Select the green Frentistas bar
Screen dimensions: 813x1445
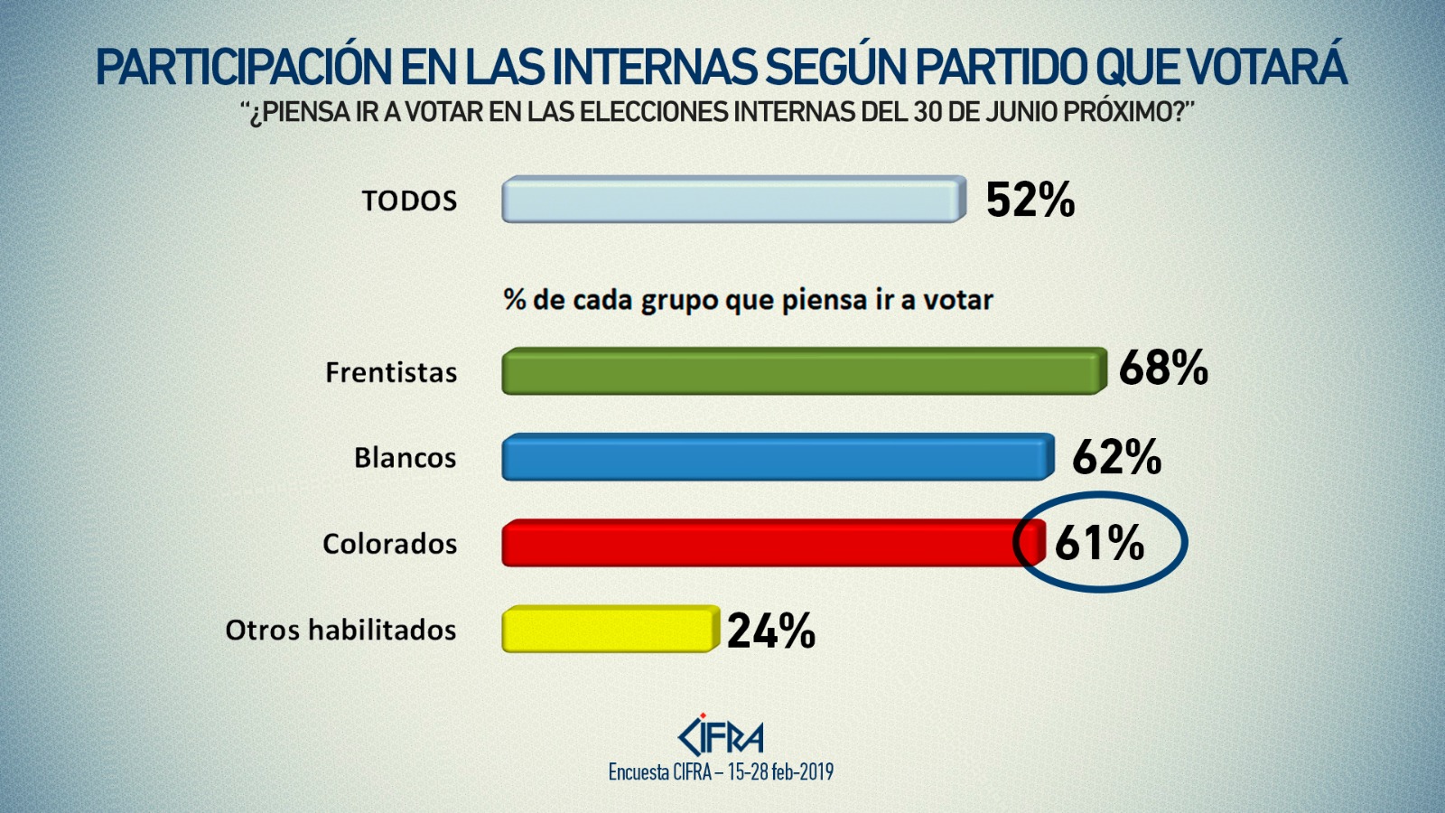804,371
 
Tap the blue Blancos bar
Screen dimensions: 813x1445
778,457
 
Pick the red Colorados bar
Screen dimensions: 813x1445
759,543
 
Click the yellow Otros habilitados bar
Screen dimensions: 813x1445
610,629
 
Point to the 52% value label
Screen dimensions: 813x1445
1030,200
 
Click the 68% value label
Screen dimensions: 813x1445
1163,369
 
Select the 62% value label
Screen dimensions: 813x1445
1116,457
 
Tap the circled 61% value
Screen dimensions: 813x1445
1099,543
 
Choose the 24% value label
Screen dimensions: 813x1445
771,631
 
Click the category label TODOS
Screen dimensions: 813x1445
409,201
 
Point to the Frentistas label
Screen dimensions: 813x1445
391,372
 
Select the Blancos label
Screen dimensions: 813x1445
405,458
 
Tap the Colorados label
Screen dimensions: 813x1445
389,544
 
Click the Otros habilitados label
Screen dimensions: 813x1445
340,630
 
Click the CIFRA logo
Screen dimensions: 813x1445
721,736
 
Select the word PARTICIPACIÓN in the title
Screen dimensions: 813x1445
244,68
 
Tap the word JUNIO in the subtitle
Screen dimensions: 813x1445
1016,112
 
